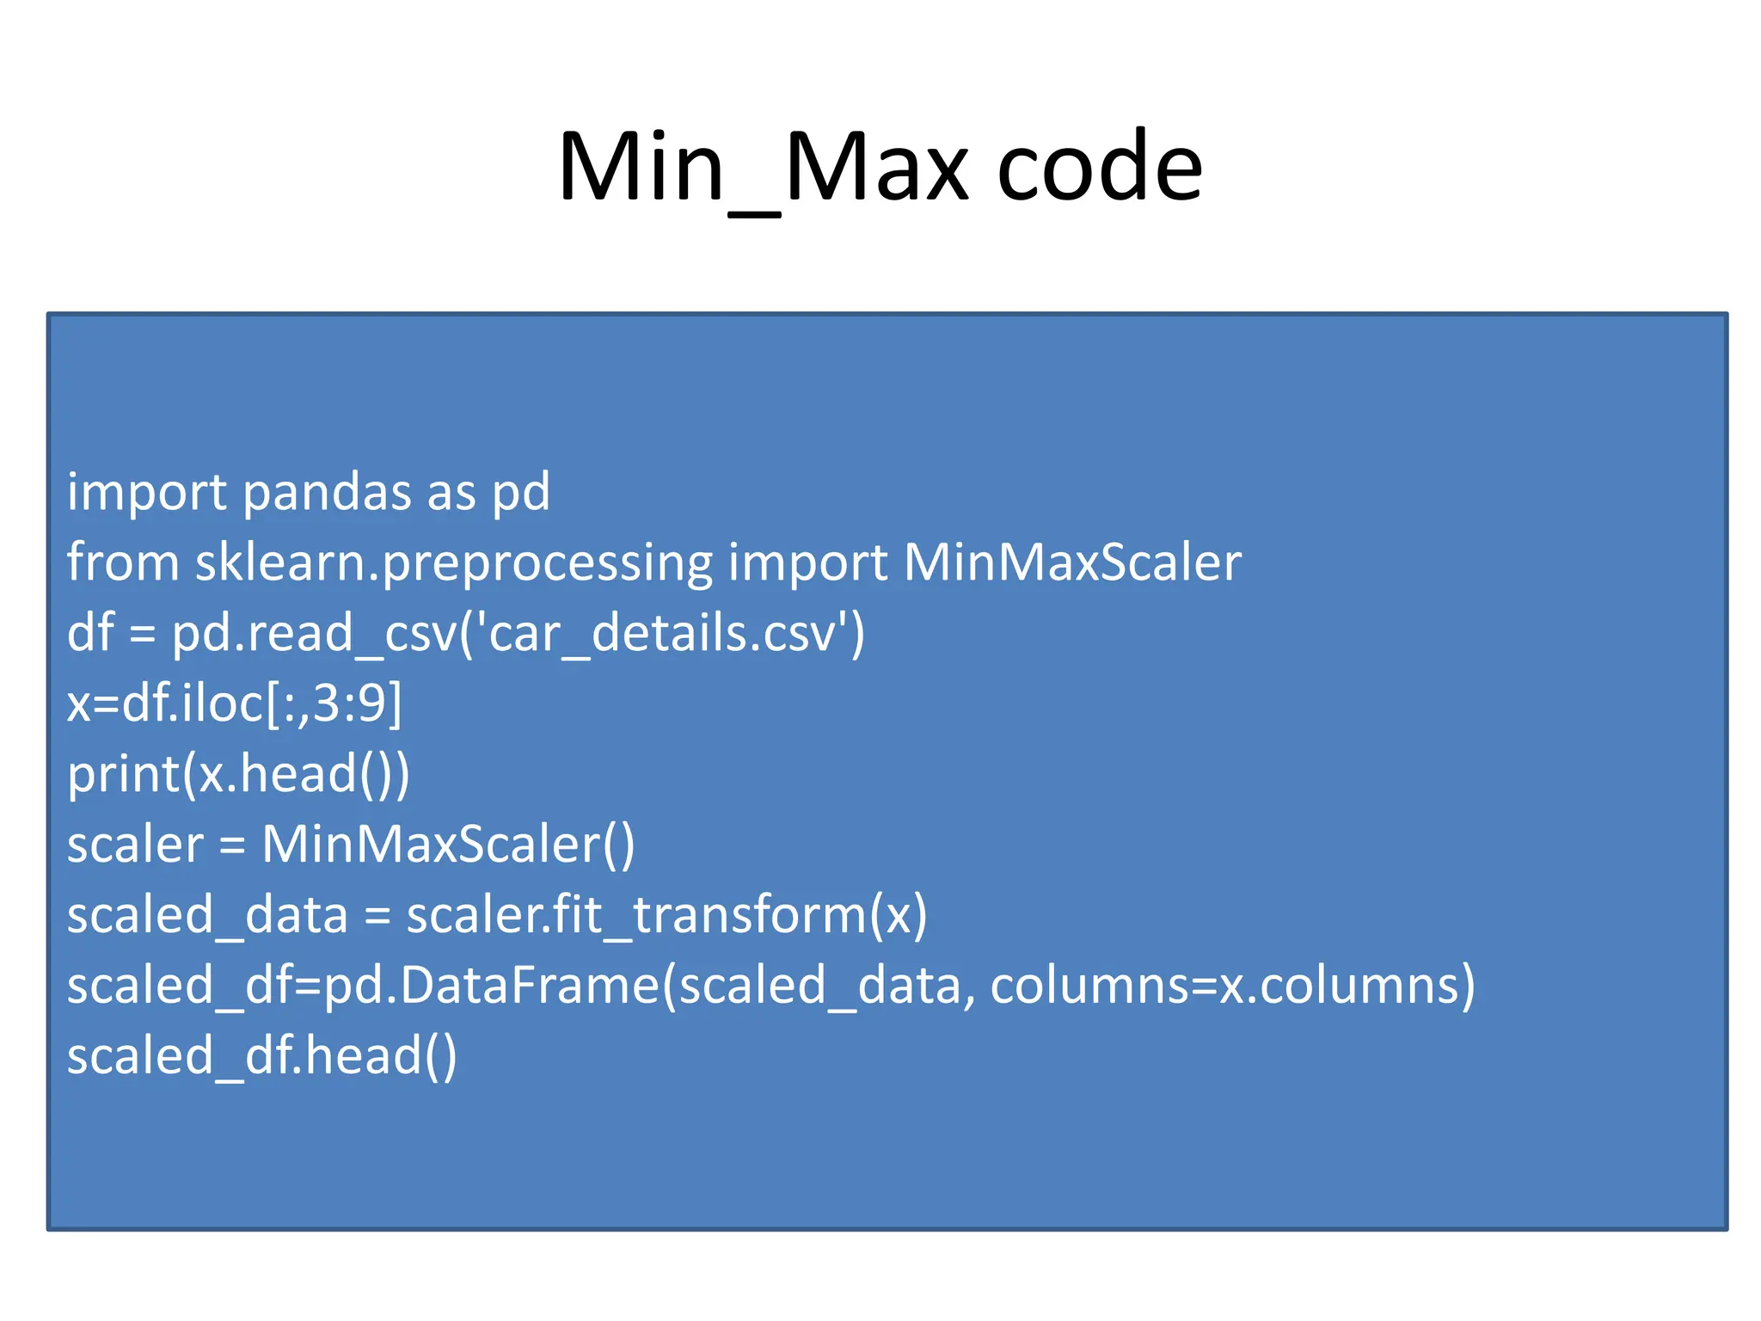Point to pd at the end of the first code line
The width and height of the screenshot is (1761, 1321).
point(520,493)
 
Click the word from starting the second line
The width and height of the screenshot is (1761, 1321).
point(122,563)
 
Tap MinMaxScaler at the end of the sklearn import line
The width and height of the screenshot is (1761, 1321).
point(1071,563)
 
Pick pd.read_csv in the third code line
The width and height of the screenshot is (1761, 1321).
point(315,634)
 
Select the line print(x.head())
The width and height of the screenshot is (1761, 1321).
point(238,775)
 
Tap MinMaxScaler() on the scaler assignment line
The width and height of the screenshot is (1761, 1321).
point(448,845)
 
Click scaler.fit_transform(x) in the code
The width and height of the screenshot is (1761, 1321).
point(666,915)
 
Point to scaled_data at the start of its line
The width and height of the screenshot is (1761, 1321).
point(207,915)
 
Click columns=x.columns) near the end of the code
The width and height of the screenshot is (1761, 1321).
point(1232,986)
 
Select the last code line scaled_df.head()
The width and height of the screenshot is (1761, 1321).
point(261,1056)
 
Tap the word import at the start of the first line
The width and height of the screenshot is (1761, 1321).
point(147,493)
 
